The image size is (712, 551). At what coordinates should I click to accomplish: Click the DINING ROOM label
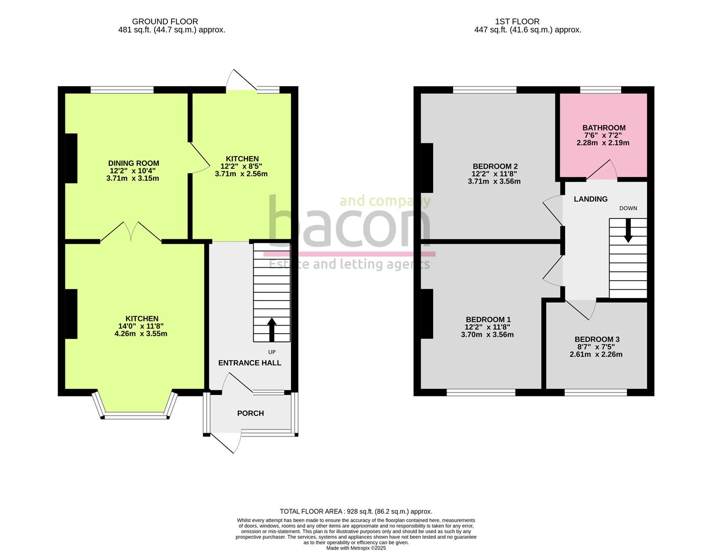tap(133, 163)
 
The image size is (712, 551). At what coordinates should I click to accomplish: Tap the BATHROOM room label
tap(604, 128)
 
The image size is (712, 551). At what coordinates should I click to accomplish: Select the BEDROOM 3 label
tap(597, 339)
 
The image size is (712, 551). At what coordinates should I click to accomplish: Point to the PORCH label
tap(251, 413)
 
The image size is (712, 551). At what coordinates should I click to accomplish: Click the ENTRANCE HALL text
tap(250, 363)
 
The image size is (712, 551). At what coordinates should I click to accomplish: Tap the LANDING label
tap(591, 199)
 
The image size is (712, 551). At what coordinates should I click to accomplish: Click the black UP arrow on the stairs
tap(272, 329)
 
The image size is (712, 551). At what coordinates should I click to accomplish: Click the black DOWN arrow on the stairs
tap(628, 230)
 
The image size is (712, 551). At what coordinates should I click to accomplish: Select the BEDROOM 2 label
tap(495, 166)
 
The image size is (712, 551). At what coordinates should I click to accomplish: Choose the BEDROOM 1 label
tap(488, 320)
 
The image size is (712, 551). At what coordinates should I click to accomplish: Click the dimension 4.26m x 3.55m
tap(141, 334)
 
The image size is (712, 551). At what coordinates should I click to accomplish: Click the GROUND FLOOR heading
tap(165, 21)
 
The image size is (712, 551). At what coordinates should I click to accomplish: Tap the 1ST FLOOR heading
tap(517, 21)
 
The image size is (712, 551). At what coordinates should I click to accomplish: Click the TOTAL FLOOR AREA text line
tap(356, 511)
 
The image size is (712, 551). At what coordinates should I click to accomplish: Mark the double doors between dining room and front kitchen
tap(131, 232)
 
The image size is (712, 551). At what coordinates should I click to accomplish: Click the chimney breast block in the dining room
tap(71, 158)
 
